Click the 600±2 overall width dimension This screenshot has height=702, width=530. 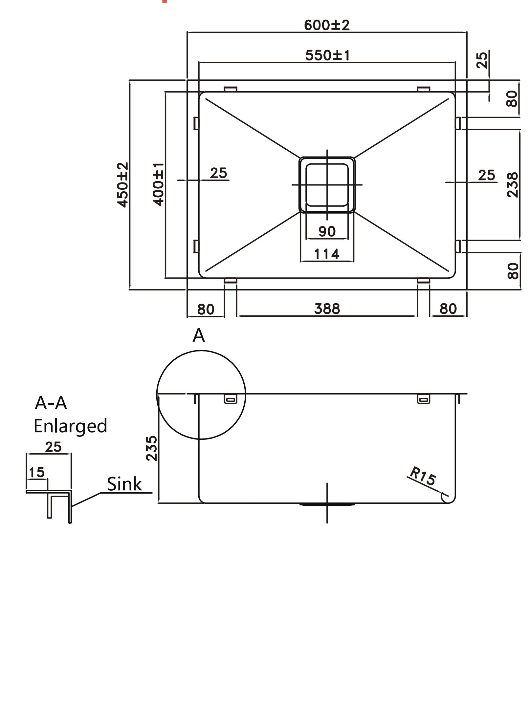click(327, 25)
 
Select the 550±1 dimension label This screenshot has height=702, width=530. click(327, 55)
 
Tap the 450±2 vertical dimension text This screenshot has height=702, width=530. click(123, 185)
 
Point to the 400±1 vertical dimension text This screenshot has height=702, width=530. click(158, 185)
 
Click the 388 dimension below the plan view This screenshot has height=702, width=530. click(327, 309)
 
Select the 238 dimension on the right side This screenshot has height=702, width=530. click(512, 185)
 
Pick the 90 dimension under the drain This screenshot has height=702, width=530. click(327, 232)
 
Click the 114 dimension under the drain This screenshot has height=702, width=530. click(327, 254)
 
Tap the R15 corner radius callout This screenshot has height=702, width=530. click(423, 476)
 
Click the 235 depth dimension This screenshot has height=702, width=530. click(152, 448)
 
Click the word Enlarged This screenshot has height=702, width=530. click(70, 426)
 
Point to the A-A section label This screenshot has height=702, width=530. click(51, 403)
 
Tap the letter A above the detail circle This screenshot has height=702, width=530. click(199, 336)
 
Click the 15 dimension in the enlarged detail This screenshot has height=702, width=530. click(36, 473)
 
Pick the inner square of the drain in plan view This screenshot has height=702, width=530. click(327, 185)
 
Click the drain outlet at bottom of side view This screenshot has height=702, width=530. click(327, 504)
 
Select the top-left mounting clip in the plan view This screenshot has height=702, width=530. click(231, 89)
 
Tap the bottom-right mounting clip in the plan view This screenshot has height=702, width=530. click(423, 281)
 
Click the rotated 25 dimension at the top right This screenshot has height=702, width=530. click(482, 60)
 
